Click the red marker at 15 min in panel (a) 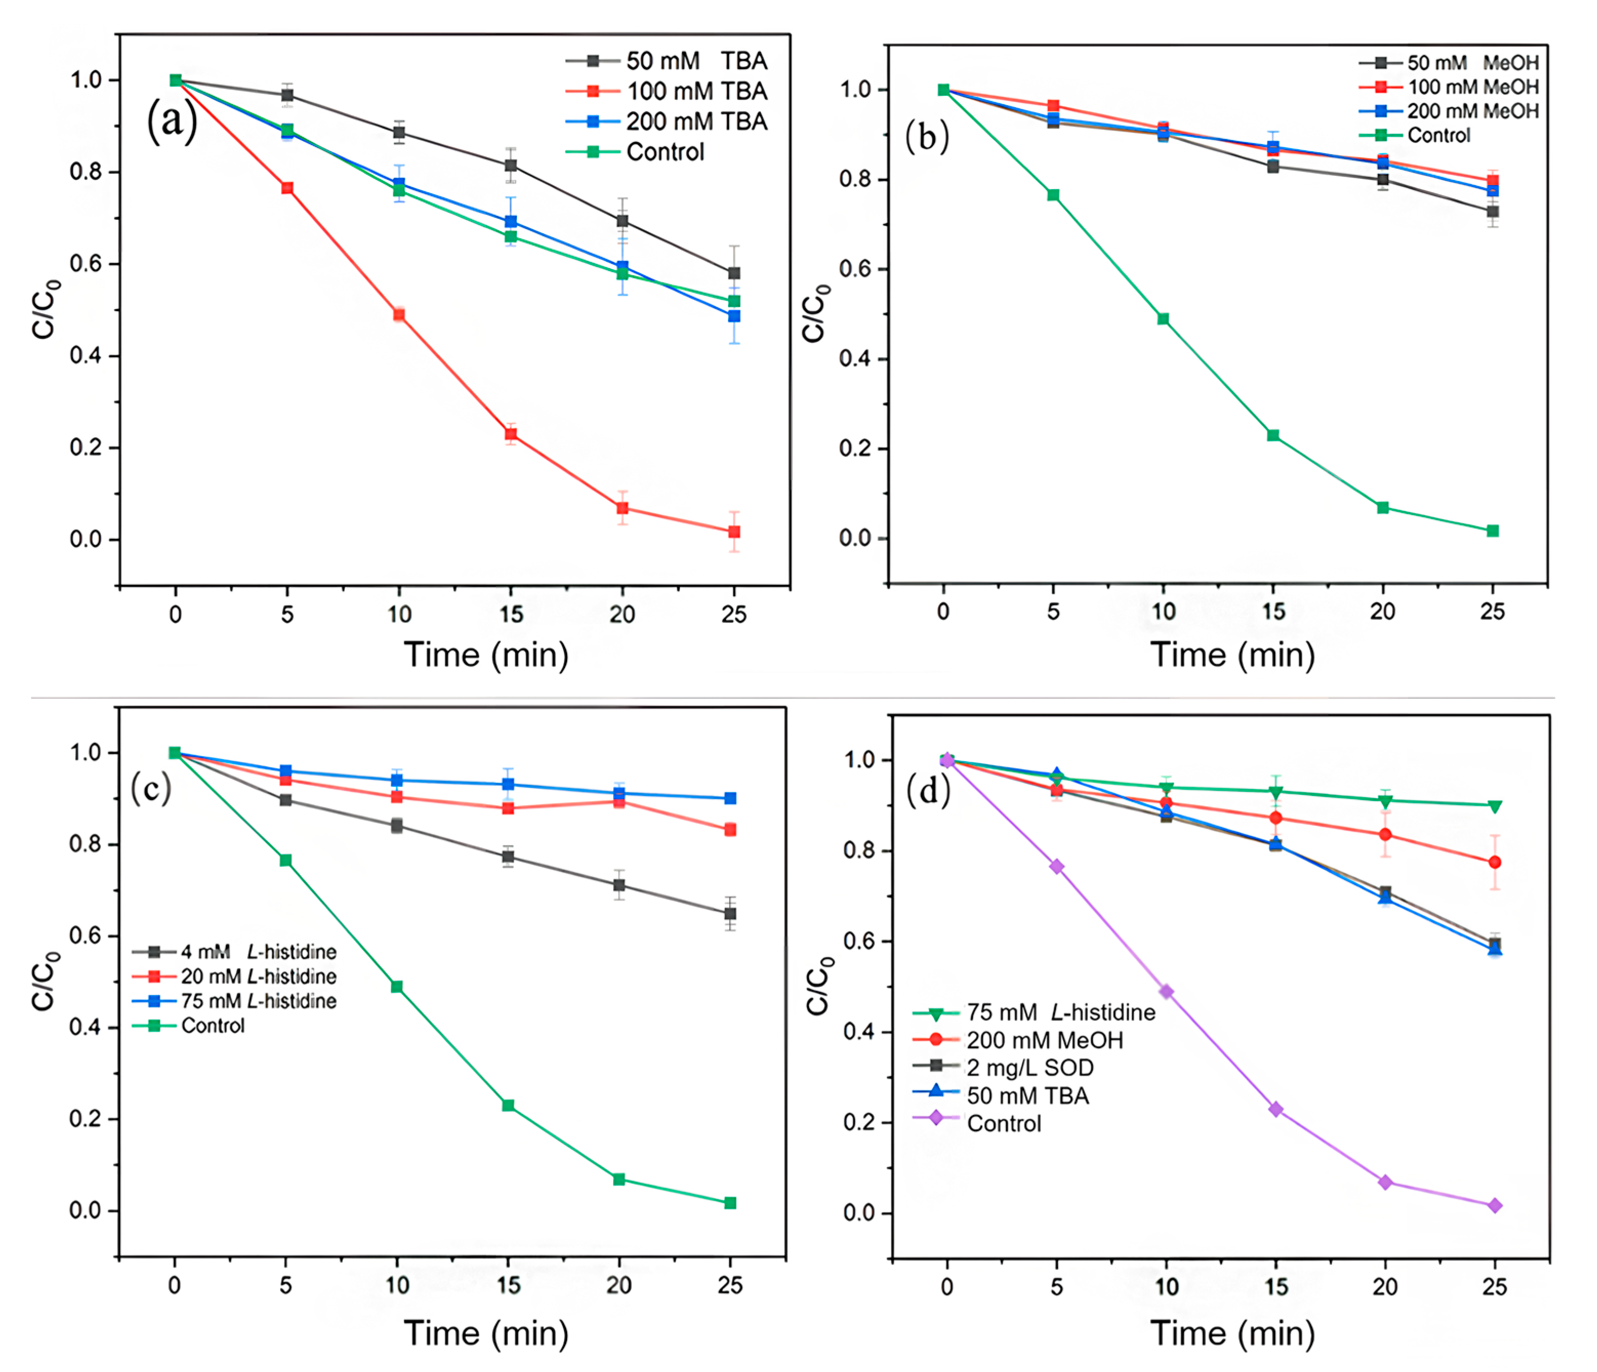click(x=510, y=435)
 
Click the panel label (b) click(x=927, y=136)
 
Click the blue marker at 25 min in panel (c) click(x=730, y=798)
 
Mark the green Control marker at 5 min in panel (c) click(x=285, y=860)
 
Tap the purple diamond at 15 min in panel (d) click(x=1276, y=1109)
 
